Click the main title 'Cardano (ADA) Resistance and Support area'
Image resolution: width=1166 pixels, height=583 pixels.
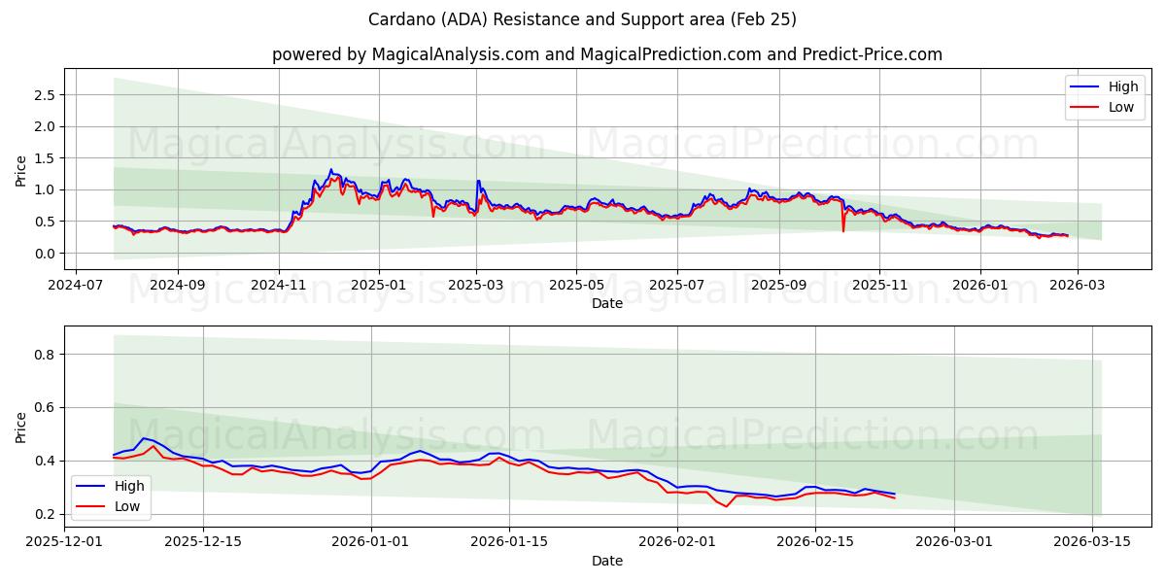click(x=582, y=19)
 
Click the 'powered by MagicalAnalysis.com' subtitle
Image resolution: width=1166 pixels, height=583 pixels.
click(x=606, y=54)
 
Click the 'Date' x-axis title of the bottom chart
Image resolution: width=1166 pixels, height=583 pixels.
click(x=607, y=561)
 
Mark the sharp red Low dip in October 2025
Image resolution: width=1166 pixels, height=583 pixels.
click(x=843, y=230)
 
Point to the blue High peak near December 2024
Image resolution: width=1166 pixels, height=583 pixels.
click(x=330, y=170)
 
